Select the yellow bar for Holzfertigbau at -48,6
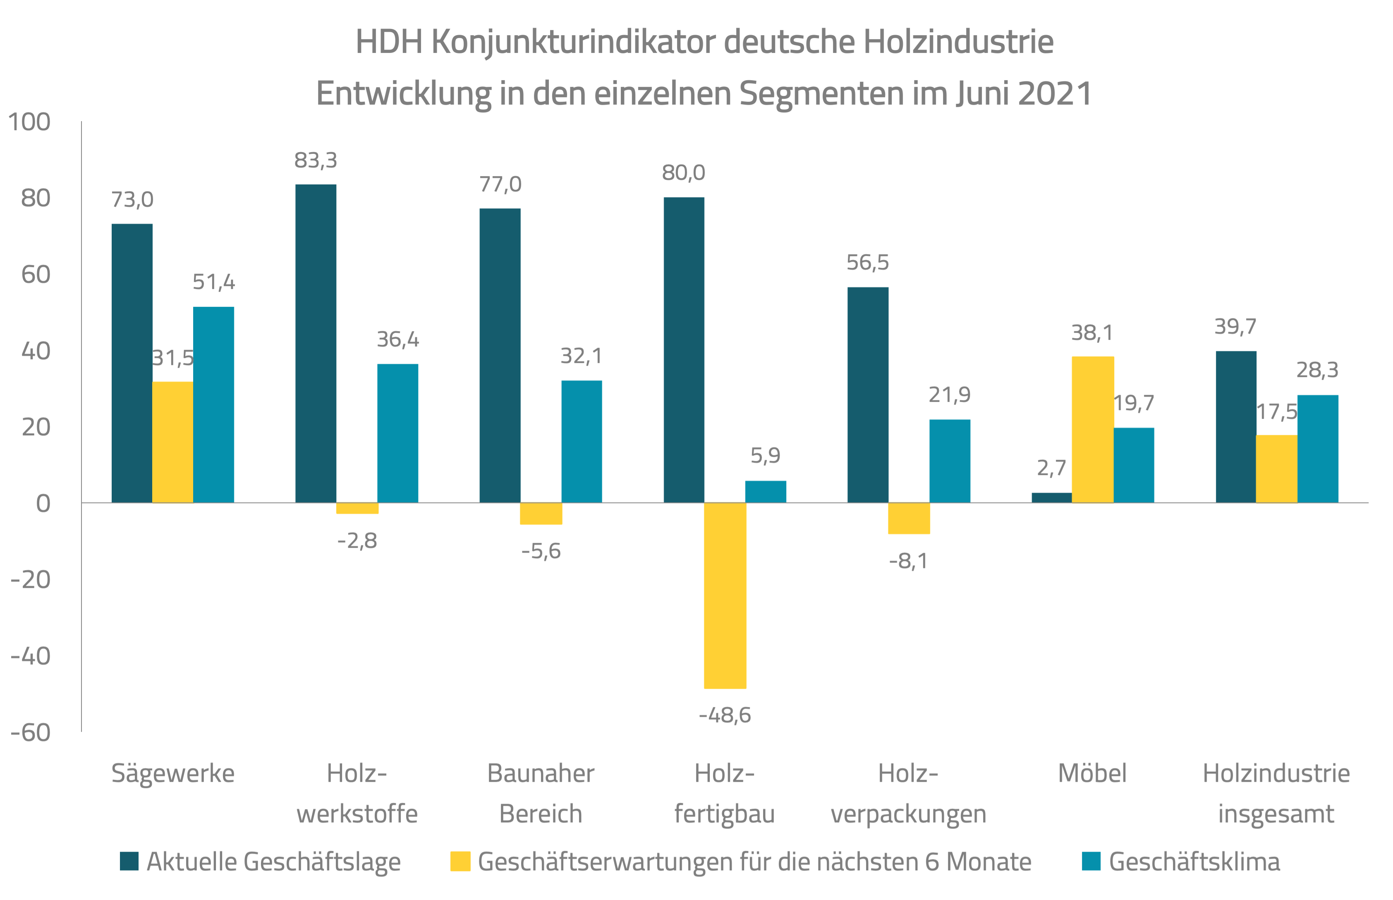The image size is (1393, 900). (x=725, y=595)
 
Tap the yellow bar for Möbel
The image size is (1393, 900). (x=1093, y=430)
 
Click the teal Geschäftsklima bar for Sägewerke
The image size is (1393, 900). (x=213, y=404)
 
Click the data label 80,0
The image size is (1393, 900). (x=683, y=173)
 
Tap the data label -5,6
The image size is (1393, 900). (x=541, y=551)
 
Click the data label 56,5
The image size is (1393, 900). (x=867, y=263)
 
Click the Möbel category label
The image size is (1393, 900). (x=1092, y=773)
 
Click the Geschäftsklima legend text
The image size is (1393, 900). (x=1194, y=862)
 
